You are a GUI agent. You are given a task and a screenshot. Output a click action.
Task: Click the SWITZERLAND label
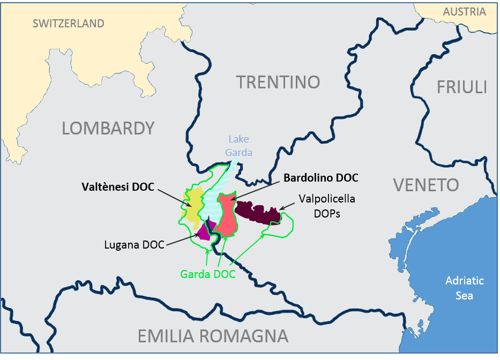(68, 24)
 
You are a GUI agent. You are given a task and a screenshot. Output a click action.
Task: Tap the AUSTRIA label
(464, 12)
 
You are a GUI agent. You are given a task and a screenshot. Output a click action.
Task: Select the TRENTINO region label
(278, 82)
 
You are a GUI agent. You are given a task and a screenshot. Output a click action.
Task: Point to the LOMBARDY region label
(108, 128)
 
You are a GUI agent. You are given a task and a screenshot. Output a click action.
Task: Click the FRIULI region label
(461, 87)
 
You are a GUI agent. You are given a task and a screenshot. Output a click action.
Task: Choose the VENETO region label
(426, 185)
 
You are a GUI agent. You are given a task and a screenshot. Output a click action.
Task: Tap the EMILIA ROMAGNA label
(213, 336)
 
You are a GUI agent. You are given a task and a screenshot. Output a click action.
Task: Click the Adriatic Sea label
(465, 288)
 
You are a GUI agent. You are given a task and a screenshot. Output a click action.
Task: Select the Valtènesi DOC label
(118, 187)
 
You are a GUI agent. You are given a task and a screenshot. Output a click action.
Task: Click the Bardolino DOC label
(321, 177)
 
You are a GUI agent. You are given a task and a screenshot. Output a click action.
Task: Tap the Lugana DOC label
(135, 246)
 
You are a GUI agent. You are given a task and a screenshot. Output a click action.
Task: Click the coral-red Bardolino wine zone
(227, 217)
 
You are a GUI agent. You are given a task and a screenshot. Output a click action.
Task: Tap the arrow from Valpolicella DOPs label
(286, 206)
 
